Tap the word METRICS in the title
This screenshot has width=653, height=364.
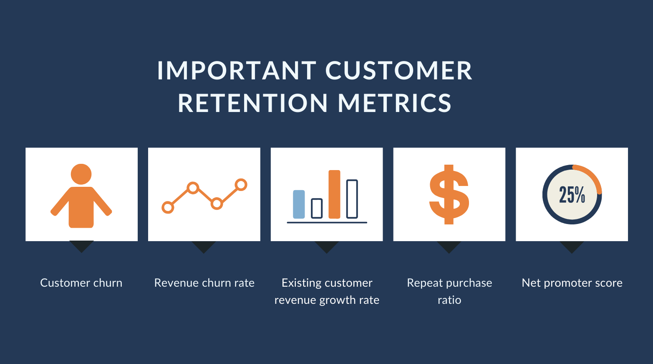(394, 103)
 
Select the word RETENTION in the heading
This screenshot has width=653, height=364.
(253, 103)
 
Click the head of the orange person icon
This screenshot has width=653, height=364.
(81, 174)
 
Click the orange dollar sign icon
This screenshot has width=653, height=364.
(449, 194)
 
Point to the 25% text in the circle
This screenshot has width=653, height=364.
(572, 195)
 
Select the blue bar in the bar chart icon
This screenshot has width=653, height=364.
(299, 204)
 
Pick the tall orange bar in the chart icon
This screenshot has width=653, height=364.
(334, 194)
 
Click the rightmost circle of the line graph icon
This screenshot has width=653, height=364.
(241, 184)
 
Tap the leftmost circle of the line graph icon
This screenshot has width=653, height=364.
(168, 207)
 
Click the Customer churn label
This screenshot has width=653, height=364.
(81, 283)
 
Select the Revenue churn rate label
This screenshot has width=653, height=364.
(204, 283)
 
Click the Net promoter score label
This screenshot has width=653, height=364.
(572, 283)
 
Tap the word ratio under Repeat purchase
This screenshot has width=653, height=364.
(449, 300)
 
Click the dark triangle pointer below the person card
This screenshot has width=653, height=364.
(81, 246)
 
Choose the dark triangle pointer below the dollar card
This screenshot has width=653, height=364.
(449, 246)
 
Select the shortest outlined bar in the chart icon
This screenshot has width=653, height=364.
(317, 208)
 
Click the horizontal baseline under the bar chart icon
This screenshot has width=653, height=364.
(327, 223)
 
